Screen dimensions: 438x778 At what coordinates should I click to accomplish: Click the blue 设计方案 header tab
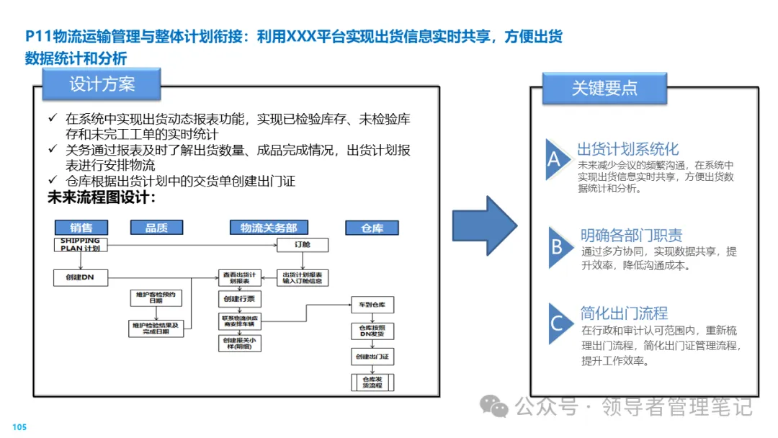(x=102, y=84)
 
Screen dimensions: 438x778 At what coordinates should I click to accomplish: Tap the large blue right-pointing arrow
(x=484, y=225)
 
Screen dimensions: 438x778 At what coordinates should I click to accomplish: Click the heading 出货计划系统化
(x=627, y=149)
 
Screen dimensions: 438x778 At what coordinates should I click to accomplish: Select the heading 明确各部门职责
(x=631, y=236)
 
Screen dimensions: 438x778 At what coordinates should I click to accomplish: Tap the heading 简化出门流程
(x=624, y=313)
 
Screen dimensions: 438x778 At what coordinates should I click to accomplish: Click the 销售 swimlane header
(x=81, y=228)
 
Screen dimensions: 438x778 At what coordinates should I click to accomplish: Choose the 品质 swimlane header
(x=156, y=228)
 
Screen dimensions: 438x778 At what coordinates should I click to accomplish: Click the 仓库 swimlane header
(x=372, y=228)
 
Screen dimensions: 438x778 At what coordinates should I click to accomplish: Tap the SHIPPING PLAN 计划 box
(x=81, y=244)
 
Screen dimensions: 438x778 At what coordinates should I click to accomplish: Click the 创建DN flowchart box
(x=81, y=277)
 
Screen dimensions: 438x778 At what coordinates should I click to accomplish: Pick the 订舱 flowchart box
(x=303, y=245)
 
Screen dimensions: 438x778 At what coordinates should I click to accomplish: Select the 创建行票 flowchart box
(x=238, y=298)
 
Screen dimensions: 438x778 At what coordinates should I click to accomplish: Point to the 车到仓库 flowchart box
(x=372, y=305)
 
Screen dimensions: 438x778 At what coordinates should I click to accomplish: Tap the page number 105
(x=19, y=427)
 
